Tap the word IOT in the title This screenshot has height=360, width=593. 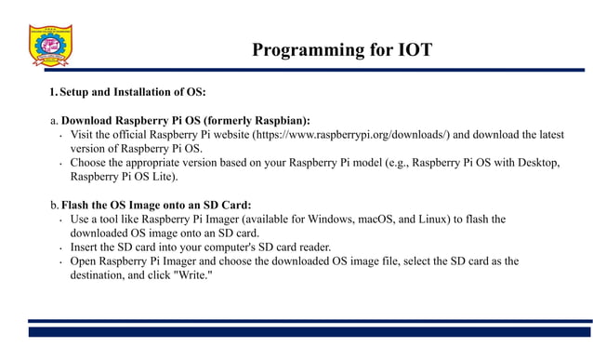point(412,50)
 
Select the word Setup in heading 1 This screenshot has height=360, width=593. point(76,92)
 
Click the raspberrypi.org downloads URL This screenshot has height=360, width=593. point(354,134)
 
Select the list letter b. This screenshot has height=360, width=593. point(53,205)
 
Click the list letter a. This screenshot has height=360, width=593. point(53,120)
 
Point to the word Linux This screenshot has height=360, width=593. point(432,219)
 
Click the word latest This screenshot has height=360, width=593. point(547,134)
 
